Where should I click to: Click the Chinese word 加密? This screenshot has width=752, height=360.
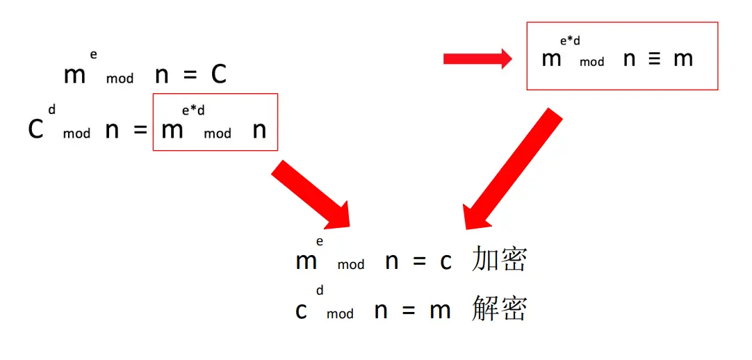[x=499, y=260]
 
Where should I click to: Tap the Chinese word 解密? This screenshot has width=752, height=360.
[x=499, y=309]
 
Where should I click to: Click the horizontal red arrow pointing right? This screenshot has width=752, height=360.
[x=477, y=60]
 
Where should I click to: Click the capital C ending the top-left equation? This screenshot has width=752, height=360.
[x=219, y=74]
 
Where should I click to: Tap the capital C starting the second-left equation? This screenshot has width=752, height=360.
[x=35, y=129]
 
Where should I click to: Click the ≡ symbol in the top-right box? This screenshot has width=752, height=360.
[x=654, y=59]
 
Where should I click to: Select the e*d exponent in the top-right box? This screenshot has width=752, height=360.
[x=570, y=41]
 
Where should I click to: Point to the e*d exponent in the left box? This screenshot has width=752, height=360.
[x=193, y=111]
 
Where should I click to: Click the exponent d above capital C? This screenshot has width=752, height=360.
[x=51, y=109]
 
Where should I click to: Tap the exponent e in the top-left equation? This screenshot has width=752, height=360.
[x=93, y=55]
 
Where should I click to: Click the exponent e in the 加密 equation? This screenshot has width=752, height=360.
[x=320, y=241]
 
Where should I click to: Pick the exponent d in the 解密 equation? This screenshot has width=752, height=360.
[x=320, y=290]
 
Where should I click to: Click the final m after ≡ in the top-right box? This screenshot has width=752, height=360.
[x=683, y=59]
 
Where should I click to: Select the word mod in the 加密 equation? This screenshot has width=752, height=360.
[x=351, y=265]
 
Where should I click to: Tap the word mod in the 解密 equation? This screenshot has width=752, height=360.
[x=340, y=314]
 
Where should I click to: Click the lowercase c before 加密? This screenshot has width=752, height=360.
[x=446, y=261]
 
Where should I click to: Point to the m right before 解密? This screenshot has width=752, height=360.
[x=440, y=310]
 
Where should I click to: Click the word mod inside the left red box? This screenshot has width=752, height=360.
[x=218, y=133]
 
